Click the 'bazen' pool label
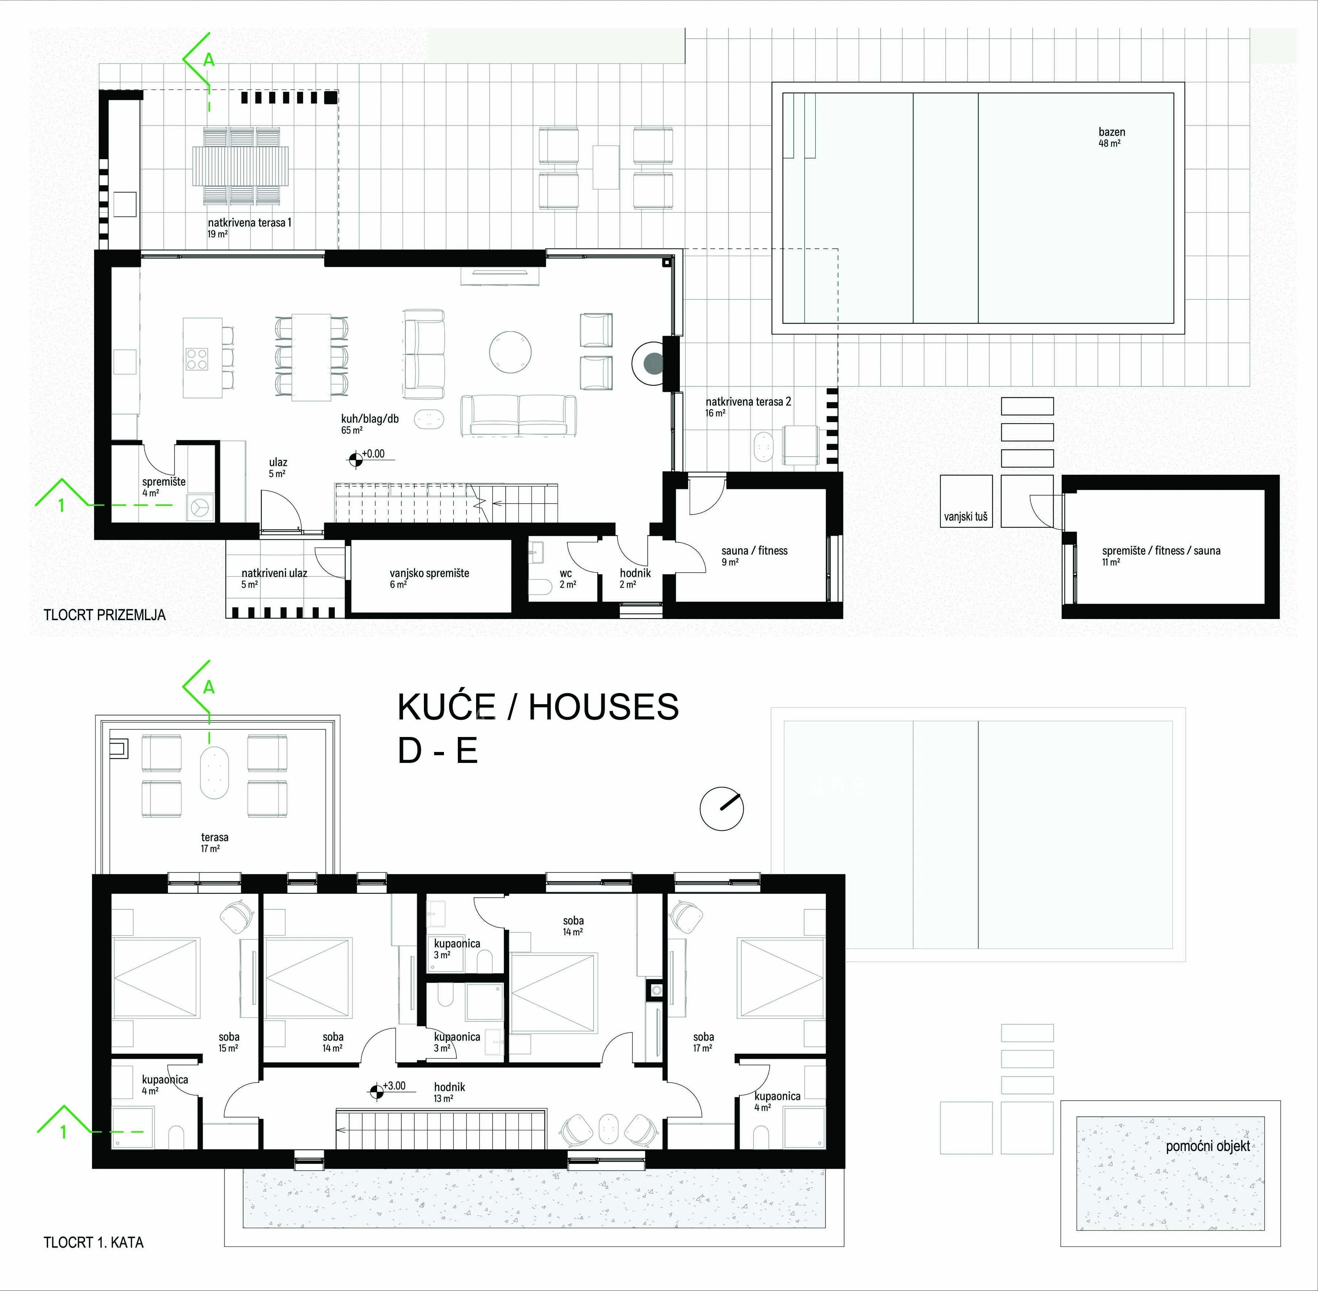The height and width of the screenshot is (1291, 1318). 1112,132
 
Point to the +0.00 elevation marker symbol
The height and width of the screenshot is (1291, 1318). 355,461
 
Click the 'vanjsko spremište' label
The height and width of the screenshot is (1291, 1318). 429,573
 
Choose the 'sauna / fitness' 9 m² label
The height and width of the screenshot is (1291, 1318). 754,551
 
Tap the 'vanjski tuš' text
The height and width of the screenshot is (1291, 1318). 965,517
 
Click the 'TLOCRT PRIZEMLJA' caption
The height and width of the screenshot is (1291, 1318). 104,615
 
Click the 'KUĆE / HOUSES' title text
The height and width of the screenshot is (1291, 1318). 538,707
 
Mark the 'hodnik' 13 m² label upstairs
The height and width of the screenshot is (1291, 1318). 449,1087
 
